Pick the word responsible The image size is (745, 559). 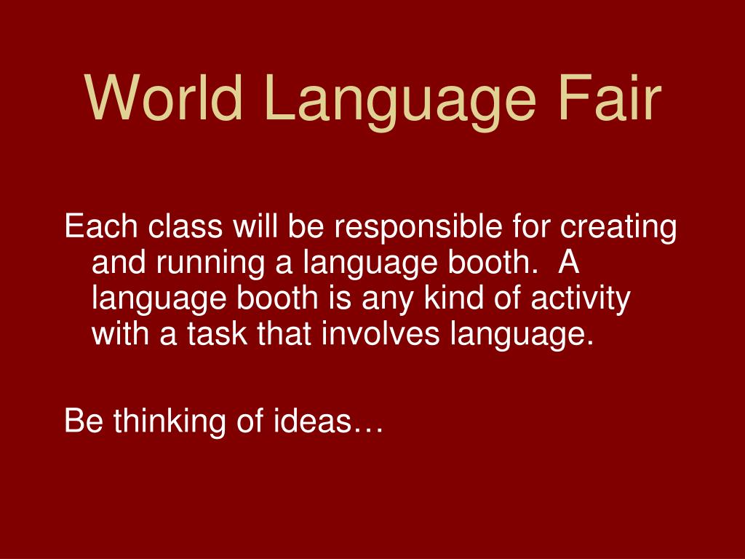(417, 229)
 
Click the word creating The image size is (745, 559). (618, 229)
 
